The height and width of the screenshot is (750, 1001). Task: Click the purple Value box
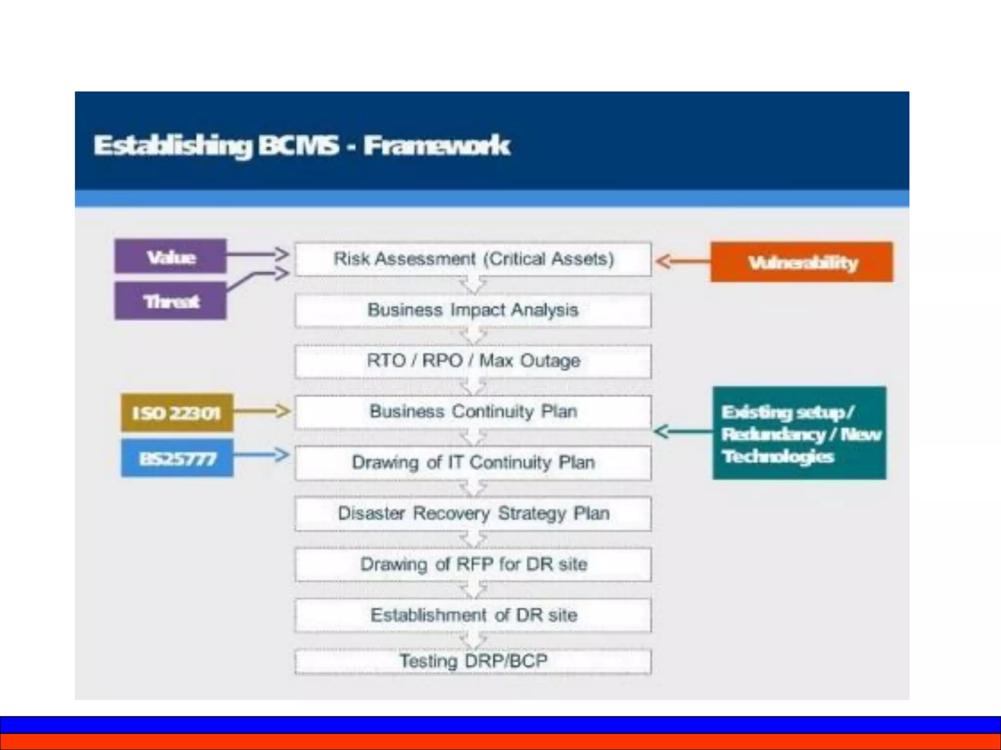(170, 256)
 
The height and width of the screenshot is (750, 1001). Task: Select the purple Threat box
(170, 301)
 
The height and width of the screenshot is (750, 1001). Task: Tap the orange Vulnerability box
(802, 262)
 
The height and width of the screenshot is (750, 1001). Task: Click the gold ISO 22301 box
(176, 413)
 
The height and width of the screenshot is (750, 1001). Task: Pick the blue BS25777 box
(177, 458)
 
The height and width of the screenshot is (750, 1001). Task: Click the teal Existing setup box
(799, 433)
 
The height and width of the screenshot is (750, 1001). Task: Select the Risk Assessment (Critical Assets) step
(473, 259)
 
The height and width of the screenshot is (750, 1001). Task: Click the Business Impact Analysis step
(473, 310)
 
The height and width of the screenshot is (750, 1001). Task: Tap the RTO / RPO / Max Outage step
(473, 361)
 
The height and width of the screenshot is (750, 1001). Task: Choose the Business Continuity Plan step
(473, 412)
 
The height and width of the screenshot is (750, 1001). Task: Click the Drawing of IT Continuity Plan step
(473, 462)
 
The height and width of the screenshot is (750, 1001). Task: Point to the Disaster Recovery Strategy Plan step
(473, 514)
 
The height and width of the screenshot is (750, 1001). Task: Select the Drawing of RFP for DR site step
(473, 564)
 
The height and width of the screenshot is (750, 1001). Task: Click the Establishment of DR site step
(473, 615)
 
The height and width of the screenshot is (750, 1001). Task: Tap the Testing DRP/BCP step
(473, 661)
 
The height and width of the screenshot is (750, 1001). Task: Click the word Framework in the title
(436, 146)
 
